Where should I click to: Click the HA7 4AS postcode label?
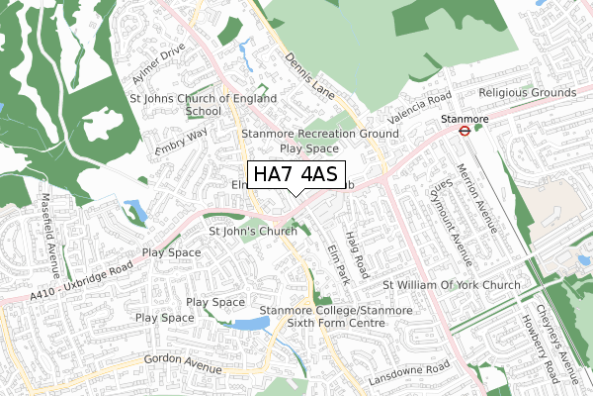pyautogui.click(x=296, y=175)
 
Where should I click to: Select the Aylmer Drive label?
pyautogui.click(x=159, y=64)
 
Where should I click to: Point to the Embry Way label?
pyautogui.click(x=182, y=139)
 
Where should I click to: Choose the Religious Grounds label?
pyautogui.click(x=526, y=93)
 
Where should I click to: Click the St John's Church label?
pyautogui.click(x=253, y=232)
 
